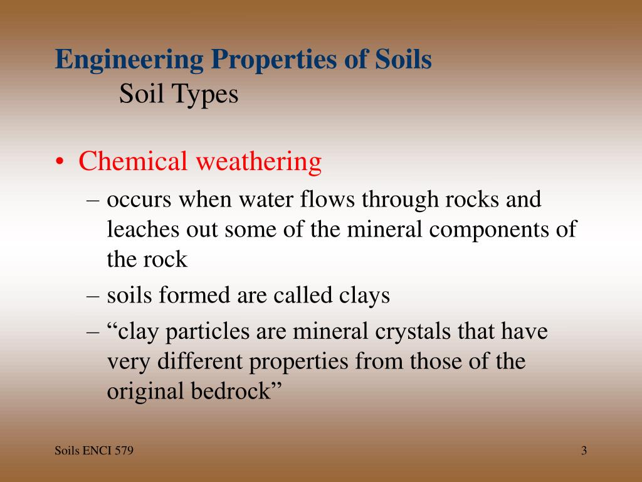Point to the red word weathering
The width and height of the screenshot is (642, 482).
pyautogui.click(x=258, y=162)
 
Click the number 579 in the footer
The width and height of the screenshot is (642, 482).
pyautogui.click(x=124, y=451)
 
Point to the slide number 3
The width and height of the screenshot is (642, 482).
pyautogui.click(x=584, y=451)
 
